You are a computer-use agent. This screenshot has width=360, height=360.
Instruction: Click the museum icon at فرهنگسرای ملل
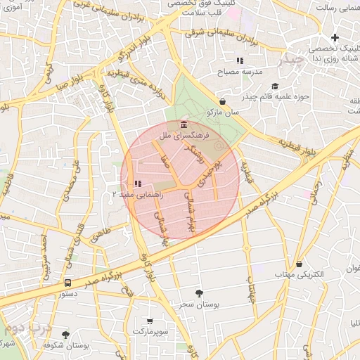[x=184, y=124]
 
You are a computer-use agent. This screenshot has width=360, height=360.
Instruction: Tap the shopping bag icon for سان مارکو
[x=223, y=101]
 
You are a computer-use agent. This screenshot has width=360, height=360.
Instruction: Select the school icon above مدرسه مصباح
[x=240, y=61]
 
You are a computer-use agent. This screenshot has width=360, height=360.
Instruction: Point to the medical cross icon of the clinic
[x=335, y=38]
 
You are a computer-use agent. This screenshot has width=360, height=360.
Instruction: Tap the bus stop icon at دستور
[x=67, y=283]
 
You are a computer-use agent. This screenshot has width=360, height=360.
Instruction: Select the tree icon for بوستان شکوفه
[x=66, y=335]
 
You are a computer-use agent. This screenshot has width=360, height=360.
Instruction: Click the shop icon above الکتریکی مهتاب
[x=300, y=264]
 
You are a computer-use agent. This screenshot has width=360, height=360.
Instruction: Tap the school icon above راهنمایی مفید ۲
[x=136, y=184]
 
